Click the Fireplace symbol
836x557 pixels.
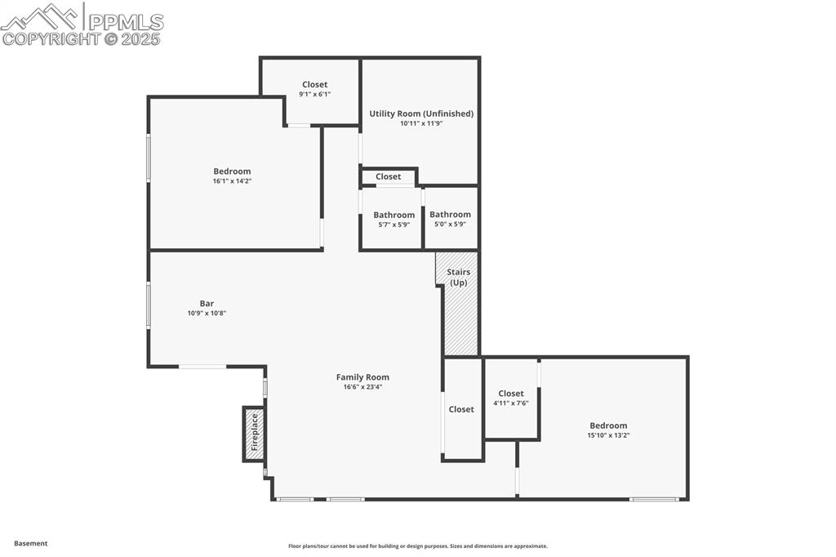point(254,433)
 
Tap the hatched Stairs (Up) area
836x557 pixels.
point(460,314)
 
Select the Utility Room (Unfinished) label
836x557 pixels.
point(420,114)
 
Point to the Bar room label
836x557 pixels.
point(207,303)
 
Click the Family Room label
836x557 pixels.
point(362,377)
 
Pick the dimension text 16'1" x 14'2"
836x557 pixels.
point(232,181)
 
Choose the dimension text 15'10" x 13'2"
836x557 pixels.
point(608,435)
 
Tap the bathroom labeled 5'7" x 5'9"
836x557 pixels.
point(394,218)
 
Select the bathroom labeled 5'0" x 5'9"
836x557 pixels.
point(450,218)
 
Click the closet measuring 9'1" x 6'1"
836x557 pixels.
point(314,88)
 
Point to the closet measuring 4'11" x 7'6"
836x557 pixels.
point(511,398)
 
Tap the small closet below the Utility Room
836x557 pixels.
point(389,176)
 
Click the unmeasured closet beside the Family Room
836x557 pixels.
point(461,409)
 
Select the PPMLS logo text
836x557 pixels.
point(126,21)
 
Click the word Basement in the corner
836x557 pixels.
point(31,543)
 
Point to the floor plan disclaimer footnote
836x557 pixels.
point(417,546)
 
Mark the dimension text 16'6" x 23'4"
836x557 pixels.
point(362,387)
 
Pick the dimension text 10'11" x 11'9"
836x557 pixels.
point(420,123)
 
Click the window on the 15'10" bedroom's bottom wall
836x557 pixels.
point(654,499)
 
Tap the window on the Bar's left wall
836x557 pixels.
point(149,305)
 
